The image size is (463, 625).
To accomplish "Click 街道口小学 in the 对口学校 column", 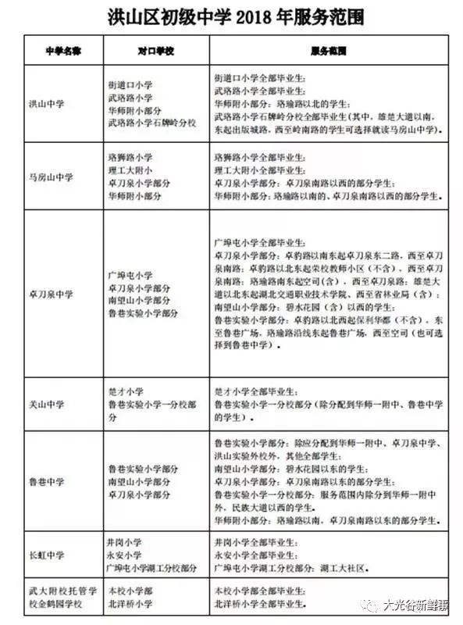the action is tap(130, 84).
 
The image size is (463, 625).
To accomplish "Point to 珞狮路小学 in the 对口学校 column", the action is tap(130, 157).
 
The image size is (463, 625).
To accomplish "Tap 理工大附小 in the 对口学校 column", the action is tap(130, 170).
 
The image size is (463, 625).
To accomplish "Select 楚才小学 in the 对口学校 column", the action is tap(125, 391).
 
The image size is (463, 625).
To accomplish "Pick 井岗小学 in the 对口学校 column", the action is tap(125, 541).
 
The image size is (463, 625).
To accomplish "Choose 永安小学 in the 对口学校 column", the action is tap(125, 555).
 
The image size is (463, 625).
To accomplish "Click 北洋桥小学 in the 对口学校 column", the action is tap(130, 604).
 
